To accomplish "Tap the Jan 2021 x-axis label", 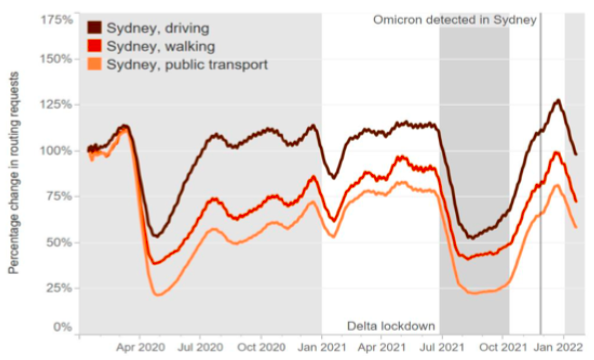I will coord(321,348).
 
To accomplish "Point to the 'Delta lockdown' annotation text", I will coord(390,326).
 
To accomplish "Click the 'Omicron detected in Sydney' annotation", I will coord(456,19).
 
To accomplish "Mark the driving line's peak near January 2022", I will coord(556,100).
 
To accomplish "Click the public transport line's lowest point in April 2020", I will coord(158,295).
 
